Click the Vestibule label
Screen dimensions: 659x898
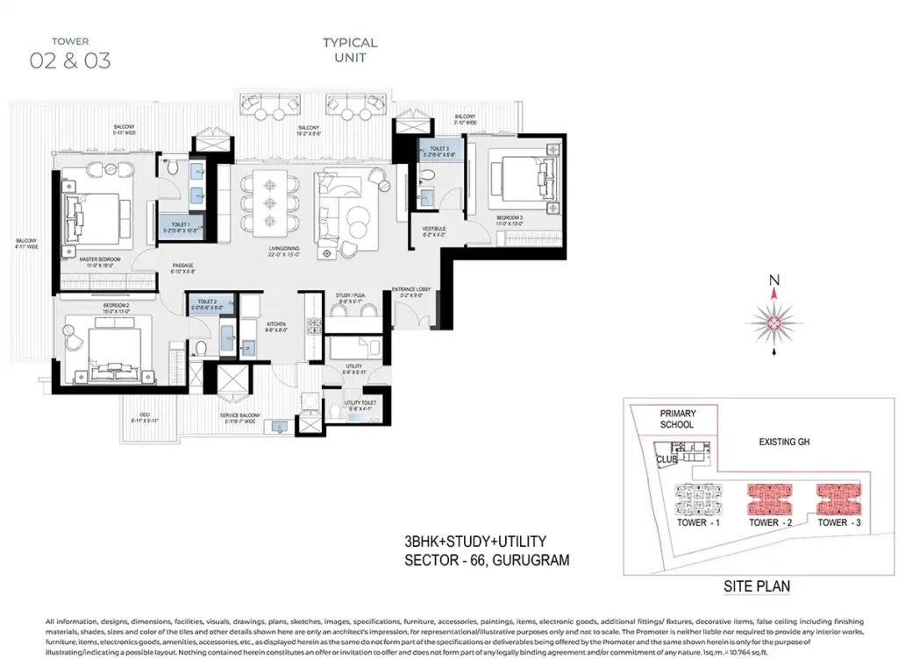[x=435, y=230]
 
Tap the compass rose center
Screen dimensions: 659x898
[x=774, y=323]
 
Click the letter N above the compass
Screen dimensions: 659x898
[x=774, y=280]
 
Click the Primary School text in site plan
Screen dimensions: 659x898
[x=677, y=419]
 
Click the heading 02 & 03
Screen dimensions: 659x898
[x=70, y=60]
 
